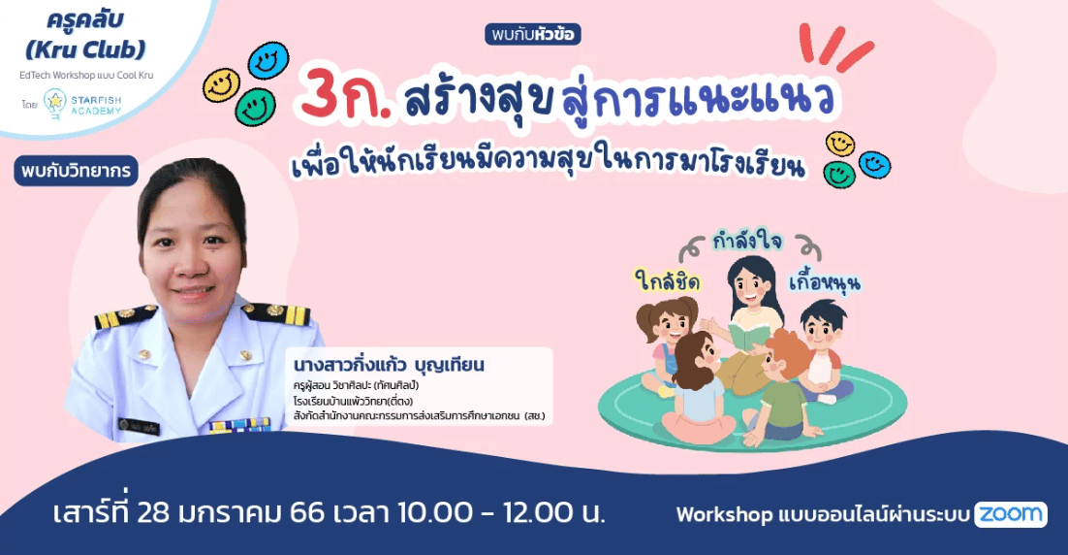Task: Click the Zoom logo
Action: [x=1011, y=514]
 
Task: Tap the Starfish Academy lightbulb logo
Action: [x=54, y=105]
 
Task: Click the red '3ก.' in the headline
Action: [x=346, y=99]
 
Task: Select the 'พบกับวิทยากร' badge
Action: [x=76, y=171]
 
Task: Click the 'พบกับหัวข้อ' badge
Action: [x=533, y=34]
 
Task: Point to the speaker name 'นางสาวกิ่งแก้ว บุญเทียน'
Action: [x=389, y=366]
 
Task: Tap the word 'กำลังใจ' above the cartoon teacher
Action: [x=747, y=242]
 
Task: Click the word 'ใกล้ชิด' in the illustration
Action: [x=667, y=279]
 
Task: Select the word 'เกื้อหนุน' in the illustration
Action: [x=825, y=282]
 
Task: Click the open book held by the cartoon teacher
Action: [x=747, y=336]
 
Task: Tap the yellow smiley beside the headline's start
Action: [x=221, y=86]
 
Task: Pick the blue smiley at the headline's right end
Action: [x=874, y=164]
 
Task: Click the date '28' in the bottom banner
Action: [x=153, y=512]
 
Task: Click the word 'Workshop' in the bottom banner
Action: [x=724, y=515]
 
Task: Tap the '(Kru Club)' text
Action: [x=85, y=49]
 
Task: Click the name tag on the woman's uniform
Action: [x=139, y=426]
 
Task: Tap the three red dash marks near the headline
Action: [x=835, y=47]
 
